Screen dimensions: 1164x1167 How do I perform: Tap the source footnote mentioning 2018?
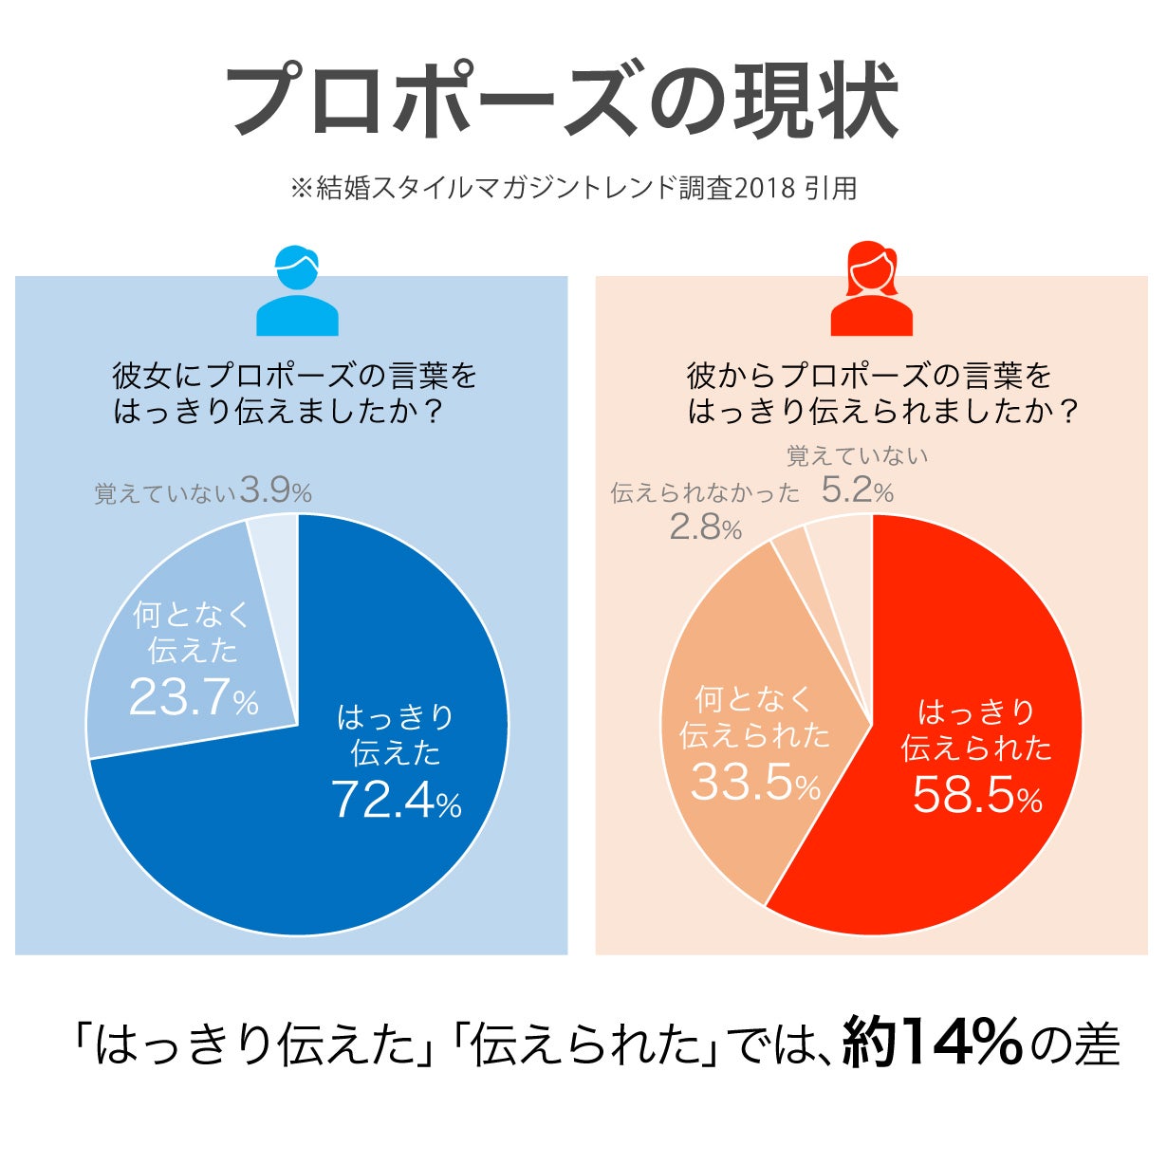click(573, 188)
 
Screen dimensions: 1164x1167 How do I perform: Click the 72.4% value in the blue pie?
click(396, 800)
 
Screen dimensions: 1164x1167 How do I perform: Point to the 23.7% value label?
click(194, 699)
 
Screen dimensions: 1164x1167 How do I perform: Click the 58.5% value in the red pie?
click(977, 795)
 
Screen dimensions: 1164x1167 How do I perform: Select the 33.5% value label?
click(755, 783)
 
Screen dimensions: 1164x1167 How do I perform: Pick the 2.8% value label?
click(705, 527)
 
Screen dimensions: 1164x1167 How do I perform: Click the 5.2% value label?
click(858, 490)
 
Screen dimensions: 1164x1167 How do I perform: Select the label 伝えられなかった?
click(705, 492)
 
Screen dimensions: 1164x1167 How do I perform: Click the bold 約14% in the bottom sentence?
click(933, 1042)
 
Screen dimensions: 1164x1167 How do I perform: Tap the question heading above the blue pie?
click(294, 393)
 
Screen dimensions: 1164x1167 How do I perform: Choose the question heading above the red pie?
click(882, 393)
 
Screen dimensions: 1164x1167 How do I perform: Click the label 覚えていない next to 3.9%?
click(164, 493)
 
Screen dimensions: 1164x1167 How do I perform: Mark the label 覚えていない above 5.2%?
click(857, 456)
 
